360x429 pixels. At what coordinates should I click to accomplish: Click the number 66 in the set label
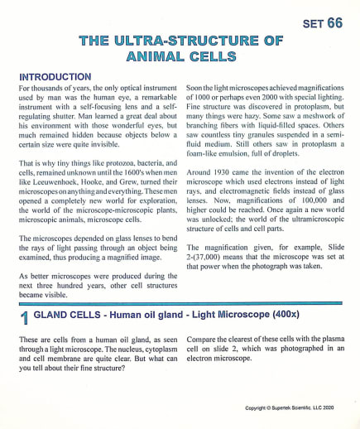[x=334, y=23]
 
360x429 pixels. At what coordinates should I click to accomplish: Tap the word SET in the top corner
[x=310, y=24]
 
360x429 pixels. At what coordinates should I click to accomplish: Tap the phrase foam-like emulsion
[x=227, y=151]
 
